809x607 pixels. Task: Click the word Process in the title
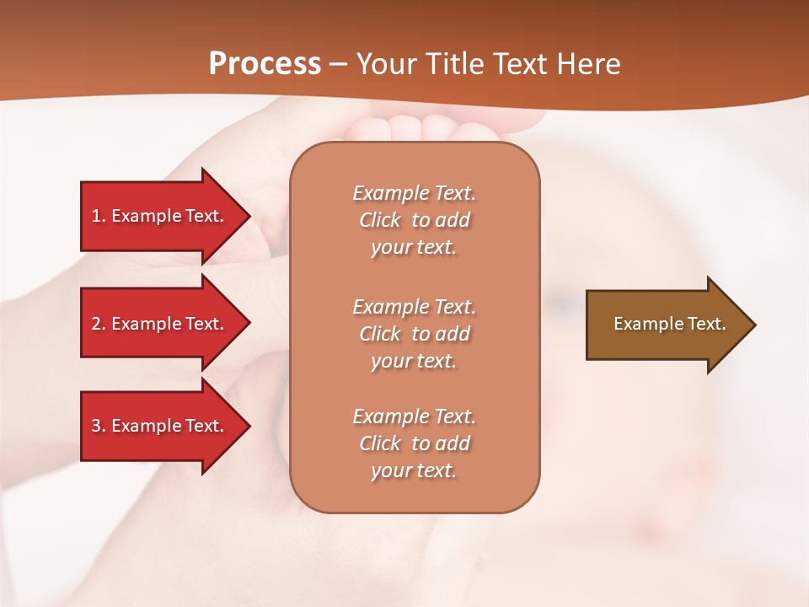(265, 64)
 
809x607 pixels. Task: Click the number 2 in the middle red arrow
(96, 324)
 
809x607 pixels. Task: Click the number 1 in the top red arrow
(96, 216)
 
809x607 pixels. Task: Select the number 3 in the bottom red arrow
(96, 426)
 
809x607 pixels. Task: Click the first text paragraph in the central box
(414, 220)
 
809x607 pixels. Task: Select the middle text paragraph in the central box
(414, 334)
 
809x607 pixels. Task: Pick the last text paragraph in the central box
(414, 443)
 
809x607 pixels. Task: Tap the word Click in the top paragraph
(379, 220)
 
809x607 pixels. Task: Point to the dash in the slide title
(338, 65)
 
